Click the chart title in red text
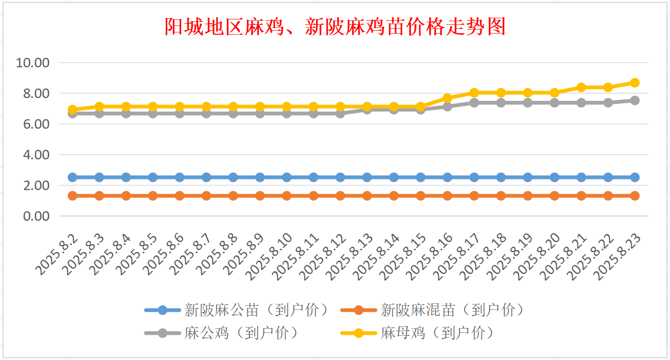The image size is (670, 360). point(335,27)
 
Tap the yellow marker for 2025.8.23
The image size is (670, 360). point(635,83)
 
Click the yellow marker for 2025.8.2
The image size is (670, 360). point(73,110)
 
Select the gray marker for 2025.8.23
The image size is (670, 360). point(635,100)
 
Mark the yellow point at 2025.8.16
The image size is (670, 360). point(447,98)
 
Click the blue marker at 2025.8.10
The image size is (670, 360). point(287,177)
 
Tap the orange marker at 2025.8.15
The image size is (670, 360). point(421,196)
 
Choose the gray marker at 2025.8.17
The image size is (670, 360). point(474,103)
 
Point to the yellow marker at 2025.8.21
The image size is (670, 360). point(581,87)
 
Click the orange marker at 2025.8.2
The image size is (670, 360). point(73,196)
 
